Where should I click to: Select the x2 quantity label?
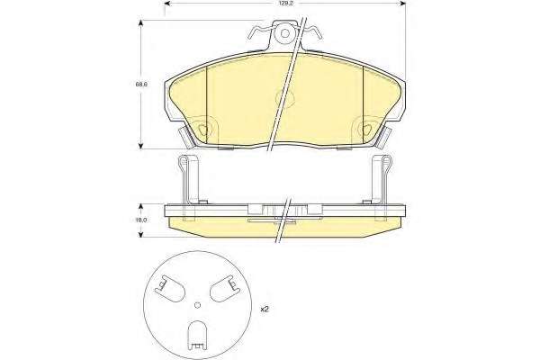264,310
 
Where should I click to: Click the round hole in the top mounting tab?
285,33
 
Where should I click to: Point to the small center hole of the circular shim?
197,304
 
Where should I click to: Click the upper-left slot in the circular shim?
170,289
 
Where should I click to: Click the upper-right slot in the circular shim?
225,289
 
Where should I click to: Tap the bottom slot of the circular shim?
197,336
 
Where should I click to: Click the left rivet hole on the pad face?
202,130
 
